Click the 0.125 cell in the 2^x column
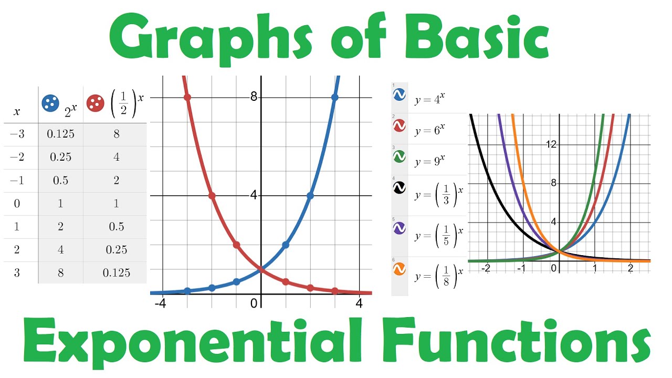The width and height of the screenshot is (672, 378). pyautogui.click(x=60, y=134)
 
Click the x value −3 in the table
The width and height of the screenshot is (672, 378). pyautogui.click(x=17, y=134)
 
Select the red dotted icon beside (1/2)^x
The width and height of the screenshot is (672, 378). pyautogui.click(x=96, y=103)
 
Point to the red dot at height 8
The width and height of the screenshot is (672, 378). pyautogui.click(x=187, y=97)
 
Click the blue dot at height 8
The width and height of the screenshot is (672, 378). pyautogui.click(x=335, y=97)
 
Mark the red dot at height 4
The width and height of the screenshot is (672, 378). pyautogui.click(x=212, y=195)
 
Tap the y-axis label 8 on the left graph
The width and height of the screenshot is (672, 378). pyautogui.click(x=254, y=97)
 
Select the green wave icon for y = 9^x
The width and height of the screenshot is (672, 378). pyautogui.click(x=400, y=156)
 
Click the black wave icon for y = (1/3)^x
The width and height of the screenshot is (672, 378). pyautogui.click(x=400, y=187)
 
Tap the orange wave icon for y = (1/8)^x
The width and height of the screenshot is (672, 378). pyautogui.click(x=400, y=269)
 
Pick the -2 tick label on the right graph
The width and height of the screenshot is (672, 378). pyautogui.click(x=487, y=268)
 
